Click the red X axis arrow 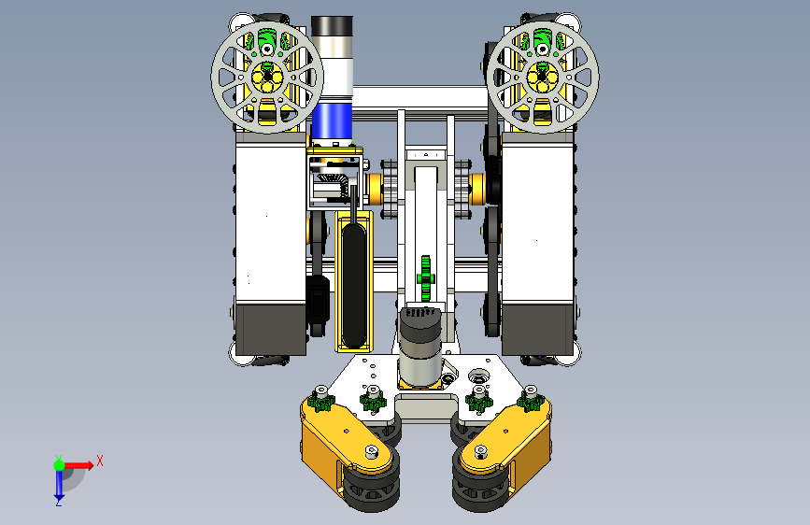pos(78,465)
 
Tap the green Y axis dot pos(60,465)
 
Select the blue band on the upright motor pos(333,121)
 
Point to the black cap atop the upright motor pos(333,25)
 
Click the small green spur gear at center pos(426,278)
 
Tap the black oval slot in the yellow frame pos(354,284)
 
